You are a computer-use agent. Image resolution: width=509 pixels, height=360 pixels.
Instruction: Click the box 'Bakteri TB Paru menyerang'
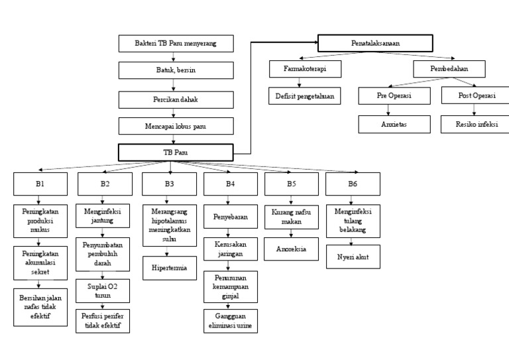(x=176, y=44)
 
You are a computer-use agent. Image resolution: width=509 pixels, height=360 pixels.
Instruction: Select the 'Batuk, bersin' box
(x=176, y=70)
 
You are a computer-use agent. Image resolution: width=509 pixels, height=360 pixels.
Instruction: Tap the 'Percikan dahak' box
(x=176, y=99)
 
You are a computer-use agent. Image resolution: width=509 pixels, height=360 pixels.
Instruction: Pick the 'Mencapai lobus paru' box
(x=176, y=125)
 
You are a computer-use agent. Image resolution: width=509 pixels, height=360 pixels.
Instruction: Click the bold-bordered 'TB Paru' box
(x=176, y=152)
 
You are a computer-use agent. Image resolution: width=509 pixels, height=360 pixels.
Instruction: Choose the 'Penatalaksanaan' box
(x=375, y=43)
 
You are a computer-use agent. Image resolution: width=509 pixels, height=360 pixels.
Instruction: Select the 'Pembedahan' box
(x=449, y=70)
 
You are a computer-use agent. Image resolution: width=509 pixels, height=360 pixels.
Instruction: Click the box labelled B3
(x=169, y=183)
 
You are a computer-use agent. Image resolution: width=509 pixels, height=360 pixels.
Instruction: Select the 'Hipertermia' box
(x=169, y=268)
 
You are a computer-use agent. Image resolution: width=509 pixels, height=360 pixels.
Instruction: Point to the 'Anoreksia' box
(x=291, y=249)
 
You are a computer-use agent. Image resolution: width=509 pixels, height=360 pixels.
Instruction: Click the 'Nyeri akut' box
(x=353, y=257)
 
